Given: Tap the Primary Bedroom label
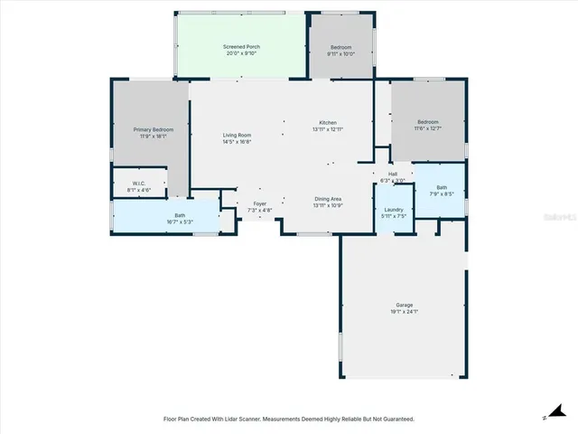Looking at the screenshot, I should tap(154, 129).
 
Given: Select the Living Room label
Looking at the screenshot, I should tap(238, 136).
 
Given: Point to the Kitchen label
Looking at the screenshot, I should tap(328, 123).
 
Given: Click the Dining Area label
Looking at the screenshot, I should tap(328, 198).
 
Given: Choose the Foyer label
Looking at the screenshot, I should tap(260, 203).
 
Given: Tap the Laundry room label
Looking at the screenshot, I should tap(394, 209).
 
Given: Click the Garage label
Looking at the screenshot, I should tap(406, 305).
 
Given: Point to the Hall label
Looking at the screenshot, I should tap(393, 175).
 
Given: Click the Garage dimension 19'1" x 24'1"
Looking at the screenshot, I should tap(406, 312).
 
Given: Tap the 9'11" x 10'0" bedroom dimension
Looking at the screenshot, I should tap(341, 53).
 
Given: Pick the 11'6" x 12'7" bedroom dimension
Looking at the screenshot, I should tap(428, 128).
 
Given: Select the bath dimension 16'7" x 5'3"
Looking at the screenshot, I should tap(180, 222).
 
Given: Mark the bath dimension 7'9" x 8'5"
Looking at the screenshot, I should tap(442, 193).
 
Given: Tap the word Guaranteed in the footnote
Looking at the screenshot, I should tap(395, 419).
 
